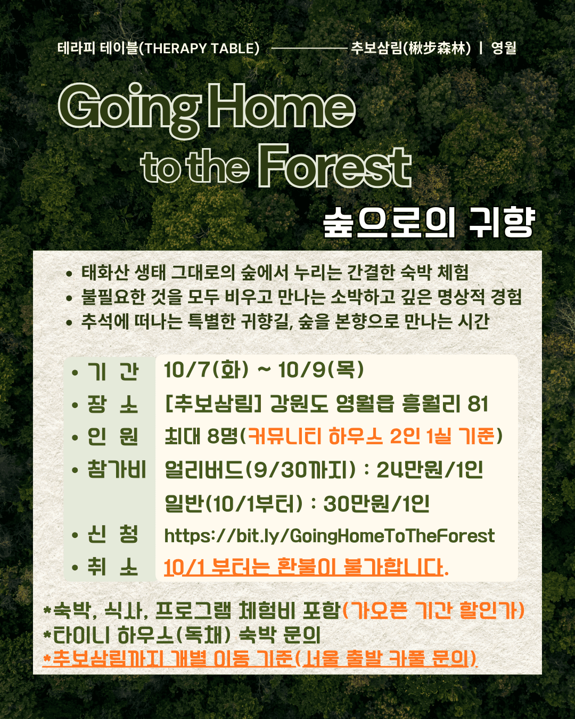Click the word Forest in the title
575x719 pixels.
334,167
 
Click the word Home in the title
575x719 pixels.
282,106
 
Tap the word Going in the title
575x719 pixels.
130,111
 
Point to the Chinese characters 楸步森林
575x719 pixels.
437,48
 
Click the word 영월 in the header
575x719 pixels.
504,48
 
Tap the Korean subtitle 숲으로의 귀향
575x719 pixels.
429,222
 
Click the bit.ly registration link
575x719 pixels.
329,536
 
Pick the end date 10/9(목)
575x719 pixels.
321,370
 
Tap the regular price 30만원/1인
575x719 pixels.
376,503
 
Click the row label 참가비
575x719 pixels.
117,469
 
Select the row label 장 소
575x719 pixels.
112,404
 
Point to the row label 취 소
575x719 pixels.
112,567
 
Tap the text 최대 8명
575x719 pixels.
201,436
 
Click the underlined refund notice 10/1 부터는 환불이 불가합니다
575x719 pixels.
306,567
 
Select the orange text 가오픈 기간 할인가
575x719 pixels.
433,610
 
